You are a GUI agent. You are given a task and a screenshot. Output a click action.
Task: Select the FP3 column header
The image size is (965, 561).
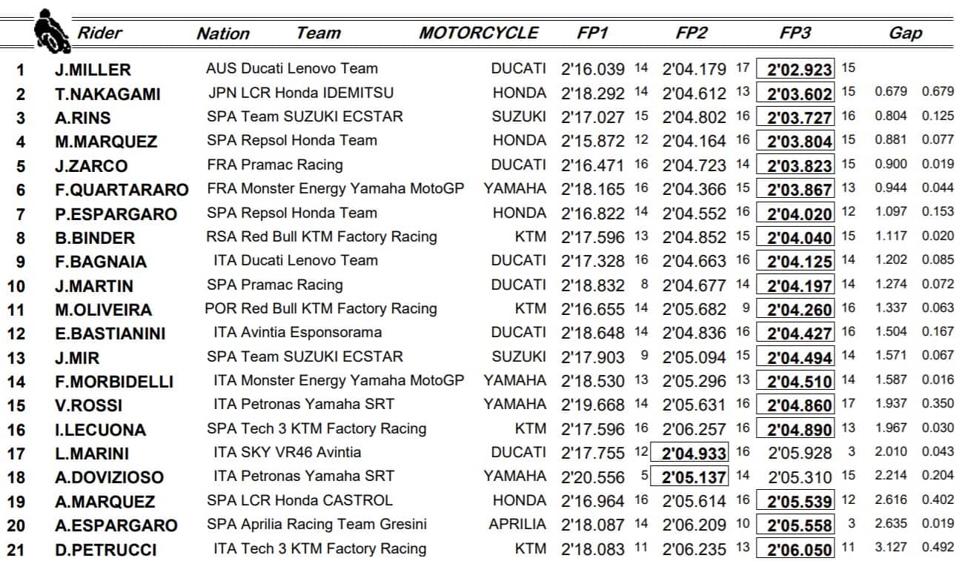coord(795,33)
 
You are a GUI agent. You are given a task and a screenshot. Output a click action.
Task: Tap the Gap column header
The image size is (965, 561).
coord(905,33)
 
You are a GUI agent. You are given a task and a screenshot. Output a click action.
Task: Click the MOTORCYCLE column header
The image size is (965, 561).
coord(478,33)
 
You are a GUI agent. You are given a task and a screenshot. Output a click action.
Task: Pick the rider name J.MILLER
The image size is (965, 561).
coord(93,70)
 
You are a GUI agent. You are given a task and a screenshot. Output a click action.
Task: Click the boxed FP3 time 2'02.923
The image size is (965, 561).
coord(799,70)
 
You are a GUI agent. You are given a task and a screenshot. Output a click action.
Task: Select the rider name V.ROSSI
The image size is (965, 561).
coord(88,406)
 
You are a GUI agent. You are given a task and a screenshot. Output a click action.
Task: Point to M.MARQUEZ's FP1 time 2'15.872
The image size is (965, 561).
coord(593,141)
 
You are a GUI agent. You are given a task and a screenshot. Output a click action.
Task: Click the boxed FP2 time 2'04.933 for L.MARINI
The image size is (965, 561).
coord(693,452)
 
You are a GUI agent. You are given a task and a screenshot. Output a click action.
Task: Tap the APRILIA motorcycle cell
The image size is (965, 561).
coord(517,525)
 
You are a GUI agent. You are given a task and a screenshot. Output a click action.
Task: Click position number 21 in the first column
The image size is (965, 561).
coord(20,550)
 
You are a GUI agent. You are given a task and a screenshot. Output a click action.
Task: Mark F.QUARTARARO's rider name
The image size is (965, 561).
coord(122,190)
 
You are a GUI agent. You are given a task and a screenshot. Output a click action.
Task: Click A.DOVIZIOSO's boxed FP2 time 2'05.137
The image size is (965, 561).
coord(693,477)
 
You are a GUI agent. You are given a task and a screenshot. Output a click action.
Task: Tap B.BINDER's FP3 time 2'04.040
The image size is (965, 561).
coord(799,238)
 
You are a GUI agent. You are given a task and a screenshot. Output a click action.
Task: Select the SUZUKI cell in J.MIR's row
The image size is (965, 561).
coord(519,356)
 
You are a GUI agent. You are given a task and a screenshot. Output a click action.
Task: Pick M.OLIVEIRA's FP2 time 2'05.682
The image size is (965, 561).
coord(694,309)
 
